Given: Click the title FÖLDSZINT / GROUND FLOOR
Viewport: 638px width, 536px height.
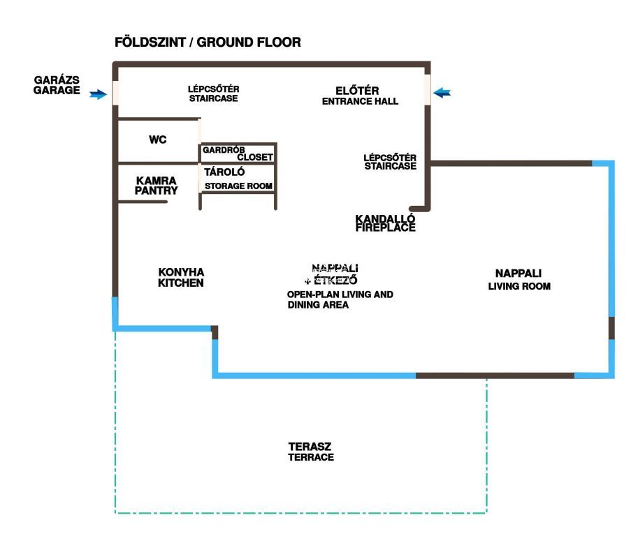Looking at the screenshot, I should point(208,43).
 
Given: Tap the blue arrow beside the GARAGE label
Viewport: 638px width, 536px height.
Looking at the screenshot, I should point(99,94).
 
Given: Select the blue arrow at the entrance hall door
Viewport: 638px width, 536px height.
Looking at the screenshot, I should point(442,92).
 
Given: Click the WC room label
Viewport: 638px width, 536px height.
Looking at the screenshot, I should point(158,140).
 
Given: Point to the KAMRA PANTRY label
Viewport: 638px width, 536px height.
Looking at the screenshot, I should point(157,185).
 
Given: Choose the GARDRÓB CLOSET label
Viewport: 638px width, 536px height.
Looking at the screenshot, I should point(237,154).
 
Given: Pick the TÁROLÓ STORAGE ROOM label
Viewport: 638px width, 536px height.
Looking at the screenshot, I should point(238,179).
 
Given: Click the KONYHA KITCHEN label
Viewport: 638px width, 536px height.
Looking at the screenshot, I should point(180,277).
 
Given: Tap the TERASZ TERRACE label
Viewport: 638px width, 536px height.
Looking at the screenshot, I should point(311,452).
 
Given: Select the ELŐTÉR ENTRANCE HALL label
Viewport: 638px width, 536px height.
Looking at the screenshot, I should point(359,96).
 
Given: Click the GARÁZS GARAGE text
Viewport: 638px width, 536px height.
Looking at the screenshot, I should point(57,86).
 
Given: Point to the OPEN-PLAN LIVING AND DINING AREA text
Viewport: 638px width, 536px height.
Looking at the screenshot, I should point(340,299).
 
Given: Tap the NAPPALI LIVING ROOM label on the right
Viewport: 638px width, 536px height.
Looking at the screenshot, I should point(519,279).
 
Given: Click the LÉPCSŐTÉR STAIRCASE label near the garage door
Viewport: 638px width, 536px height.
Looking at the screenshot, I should point(213,94).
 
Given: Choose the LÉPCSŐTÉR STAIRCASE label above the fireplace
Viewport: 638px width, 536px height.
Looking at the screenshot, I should point(390,162).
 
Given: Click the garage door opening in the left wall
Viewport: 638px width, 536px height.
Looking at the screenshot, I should point(115,92).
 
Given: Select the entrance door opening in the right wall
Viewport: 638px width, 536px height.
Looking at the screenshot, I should point(427,89).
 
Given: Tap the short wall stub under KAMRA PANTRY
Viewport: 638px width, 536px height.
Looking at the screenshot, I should point(143,202).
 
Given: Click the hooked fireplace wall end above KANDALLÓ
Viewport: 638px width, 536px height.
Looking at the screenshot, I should point(419,207).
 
